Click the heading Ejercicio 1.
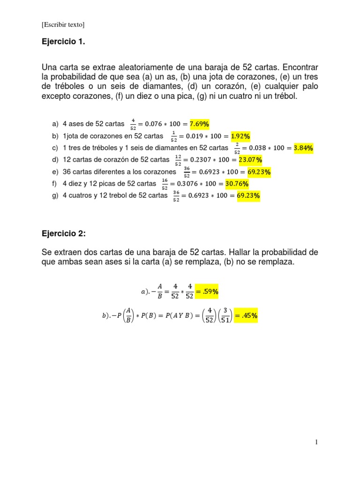[64, 42]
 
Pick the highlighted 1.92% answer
[240, 136]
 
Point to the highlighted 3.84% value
[303, 148]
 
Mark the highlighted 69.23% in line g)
[248, 196]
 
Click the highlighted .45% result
[246, 316]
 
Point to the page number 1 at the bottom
[316, 442]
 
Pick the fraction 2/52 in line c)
[238, 149]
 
